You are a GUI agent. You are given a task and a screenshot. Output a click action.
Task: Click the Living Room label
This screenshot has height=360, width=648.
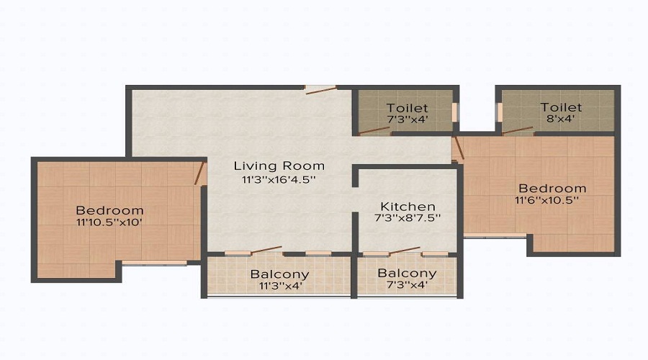click(279, 166)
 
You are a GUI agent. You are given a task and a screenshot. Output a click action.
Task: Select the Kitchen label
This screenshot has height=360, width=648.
click(408, 206)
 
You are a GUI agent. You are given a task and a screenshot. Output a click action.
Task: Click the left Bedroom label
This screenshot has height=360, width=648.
click(109, 210)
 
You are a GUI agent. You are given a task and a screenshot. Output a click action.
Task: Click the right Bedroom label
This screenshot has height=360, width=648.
click(551, 189)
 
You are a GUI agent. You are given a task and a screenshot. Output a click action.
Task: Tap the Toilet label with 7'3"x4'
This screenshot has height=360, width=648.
click(408, 108)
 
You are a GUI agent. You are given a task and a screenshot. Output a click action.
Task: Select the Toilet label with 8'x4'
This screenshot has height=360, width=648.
click(561, 108)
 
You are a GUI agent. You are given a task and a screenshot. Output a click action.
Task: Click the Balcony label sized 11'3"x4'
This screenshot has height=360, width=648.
click(279, 274)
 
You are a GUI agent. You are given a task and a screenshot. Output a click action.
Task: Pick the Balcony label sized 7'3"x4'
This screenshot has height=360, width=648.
click(407, 274)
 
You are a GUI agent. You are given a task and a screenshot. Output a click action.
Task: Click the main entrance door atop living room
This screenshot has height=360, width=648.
click(320, 90)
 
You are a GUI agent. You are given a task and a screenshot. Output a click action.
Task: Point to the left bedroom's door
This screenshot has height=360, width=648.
click(200, 174)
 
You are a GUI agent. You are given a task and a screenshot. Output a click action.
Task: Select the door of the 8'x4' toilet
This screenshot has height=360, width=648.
click(517, 130)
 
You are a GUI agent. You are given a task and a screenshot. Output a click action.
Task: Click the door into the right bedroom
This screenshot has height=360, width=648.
click(457, 148)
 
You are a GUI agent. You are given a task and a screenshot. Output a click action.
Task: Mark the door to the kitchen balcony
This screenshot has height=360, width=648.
click(403, 251)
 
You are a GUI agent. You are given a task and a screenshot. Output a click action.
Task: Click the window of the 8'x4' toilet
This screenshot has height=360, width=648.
click(498, 113)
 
